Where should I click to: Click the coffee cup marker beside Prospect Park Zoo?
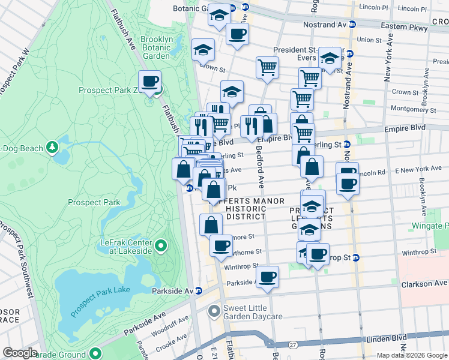click(149, 81)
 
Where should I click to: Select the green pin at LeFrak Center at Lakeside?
click(160, 245)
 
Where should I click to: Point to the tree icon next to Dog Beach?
click(53, 146)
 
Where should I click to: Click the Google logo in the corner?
click(20, 353)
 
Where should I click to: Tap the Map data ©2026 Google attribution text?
click(412, 355)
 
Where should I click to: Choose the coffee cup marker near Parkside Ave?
click(268, 277)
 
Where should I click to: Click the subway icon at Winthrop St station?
click(355, 258)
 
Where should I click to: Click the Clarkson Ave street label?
click(425, 283)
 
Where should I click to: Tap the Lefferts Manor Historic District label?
click(238, 208)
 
